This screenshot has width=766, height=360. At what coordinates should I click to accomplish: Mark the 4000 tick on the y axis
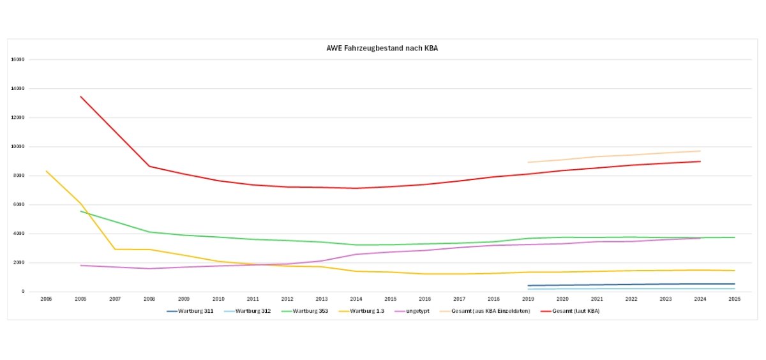[x=19, y=234]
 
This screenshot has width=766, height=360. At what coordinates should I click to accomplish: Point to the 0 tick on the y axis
[x=23, y=292]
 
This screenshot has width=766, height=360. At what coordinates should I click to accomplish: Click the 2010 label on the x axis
[x=218, y=298]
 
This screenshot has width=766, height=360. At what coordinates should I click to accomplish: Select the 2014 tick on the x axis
[x=356, y=298]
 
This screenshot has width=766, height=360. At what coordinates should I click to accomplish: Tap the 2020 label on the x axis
[x=562, y=298]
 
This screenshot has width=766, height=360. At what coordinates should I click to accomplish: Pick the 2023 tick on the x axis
[x=665, y=298]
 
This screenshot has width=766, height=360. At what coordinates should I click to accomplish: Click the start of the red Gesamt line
[x=81, y=96]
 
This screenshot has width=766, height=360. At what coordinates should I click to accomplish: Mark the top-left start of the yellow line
[x=47, y=171]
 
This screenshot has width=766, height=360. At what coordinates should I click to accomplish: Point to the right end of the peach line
[x=700, y=151]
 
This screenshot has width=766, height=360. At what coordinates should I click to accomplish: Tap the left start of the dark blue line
[x=529, y=285]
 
